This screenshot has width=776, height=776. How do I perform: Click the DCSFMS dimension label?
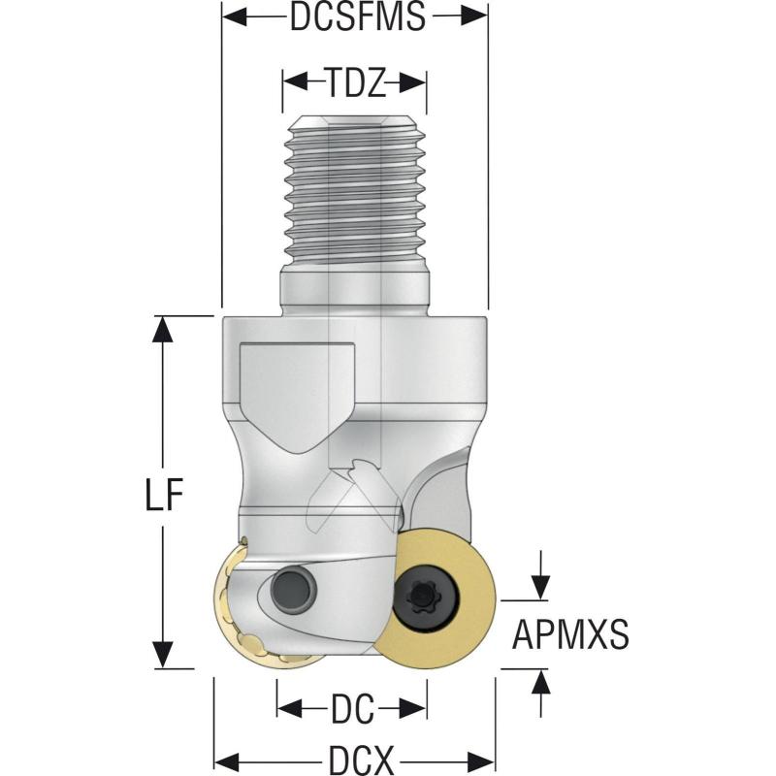357,16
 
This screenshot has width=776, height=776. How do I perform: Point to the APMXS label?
570,635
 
